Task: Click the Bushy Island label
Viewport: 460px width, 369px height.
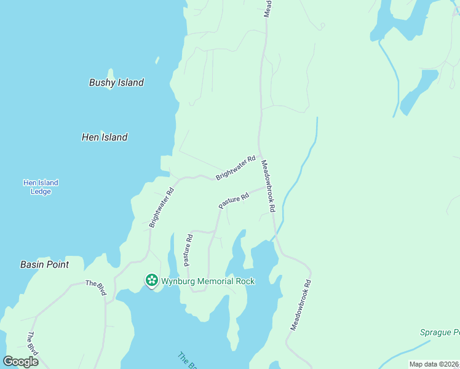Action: click(x=116, y=82)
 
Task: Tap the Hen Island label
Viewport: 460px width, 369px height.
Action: click(x=105, y=137)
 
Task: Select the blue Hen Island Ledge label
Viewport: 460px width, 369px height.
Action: click(x=41, y=187)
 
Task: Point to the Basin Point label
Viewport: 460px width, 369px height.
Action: click(x=44, y=264)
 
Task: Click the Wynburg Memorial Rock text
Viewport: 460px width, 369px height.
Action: click(x=208, y=281)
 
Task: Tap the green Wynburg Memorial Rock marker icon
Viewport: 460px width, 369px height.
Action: click(x=151, y=280)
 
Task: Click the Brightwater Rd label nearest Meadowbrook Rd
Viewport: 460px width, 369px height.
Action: click(x=236, y=168)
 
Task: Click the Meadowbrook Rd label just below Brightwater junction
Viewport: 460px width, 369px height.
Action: click(x=269, y=186)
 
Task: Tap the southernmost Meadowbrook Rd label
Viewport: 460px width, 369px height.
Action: click(x=301, y=306)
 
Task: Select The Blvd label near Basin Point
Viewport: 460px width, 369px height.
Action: click(x=95, y=287)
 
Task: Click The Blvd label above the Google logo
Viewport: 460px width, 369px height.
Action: click(x=32, y=343)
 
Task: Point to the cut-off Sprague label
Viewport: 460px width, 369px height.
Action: click(x=439, y=332)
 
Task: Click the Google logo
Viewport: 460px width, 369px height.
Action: click(x=21, y=362)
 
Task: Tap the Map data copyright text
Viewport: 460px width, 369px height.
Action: click(x=434, y=364)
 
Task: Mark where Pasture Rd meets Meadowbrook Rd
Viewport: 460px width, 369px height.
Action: click(x=267, y=188)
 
